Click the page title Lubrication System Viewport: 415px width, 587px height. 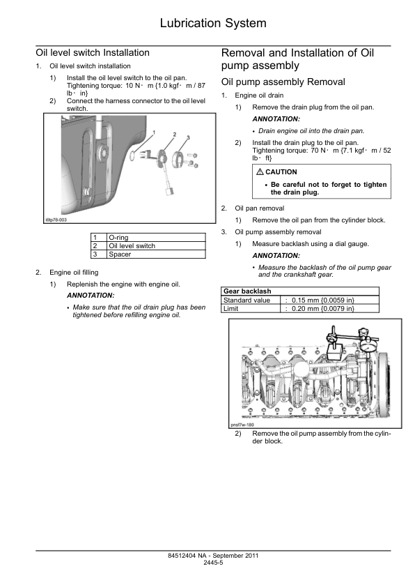(x=213, y=23)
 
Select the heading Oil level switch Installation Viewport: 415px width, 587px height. (x=93, y=52)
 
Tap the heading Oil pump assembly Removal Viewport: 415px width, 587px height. (x=283, y=82)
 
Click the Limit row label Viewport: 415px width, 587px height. (x=230, y=308)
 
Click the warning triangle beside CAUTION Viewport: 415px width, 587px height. (x=260, y=171)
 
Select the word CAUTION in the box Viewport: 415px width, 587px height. (x=281, y=172)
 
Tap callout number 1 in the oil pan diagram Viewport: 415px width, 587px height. (x=154, y=132)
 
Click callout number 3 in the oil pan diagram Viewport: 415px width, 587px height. (x=188, y=137)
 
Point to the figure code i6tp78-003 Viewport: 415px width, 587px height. (x=56, y=220)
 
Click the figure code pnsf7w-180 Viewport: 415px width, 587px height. (x=242, y=425)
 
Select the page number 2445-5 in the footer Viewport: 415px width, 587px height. (x=213, y=563)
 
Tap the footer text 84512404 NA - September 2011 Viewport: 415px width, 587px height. (x=213, y=556)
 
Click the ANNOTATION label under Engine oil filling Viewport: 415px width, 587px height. (x=91, y=296)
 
